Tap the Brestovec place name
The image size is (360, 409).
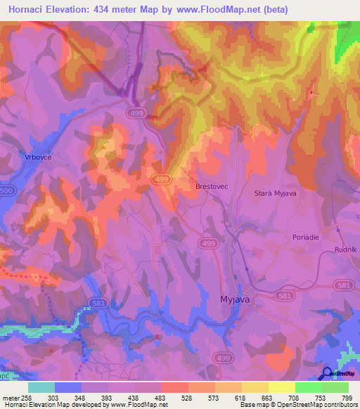click(211, 187)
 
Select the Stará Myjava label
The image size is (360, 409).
click(277, 193)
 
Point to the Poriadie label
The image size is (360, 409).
click(306, 238)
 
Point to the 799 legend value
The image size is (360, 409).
click(346, 397)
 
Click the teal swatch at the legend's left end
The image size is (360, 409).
click(41, 387)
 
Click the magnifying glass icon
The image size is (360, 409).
click(327, 374)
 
